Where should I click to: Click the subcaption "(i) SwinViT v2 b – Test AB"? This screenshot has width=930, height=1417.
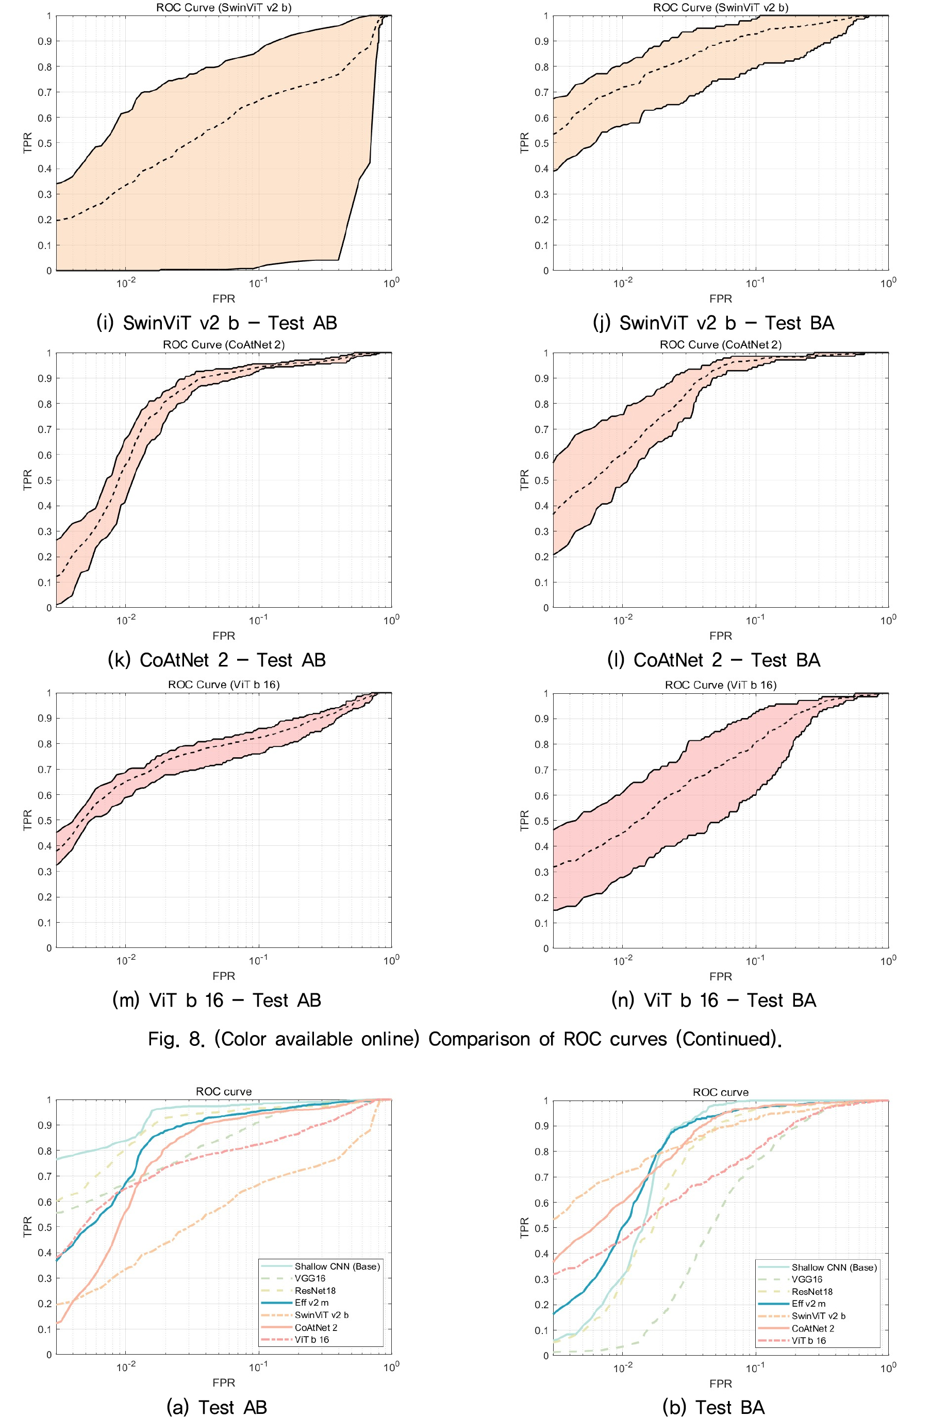pyautogui.click(x=217, y=323)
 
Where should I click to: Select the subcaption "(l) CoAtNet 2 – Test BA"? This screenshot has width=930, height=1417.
pyautogui.click(x=713, y=660)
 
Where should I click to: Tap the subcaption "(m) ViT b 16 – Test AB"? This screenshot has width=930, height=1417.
pyautogui.click(x=217, y=999)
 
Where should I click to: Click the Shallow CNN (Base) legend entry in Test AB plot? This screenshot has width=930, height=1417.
pyautogui.click(x=337, y=1266)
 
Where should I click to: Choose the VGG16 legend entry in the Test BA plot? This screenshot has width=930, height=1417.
pyautogui.click(x=807, y=1279)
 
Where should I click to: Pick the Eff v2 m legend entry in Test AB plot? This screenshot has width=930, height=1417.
pyautogui.click(x=311, y=1303)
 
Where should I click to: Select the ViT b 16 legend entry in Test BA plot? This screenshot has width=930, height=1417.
pyautogui.click(x=808, y=1341)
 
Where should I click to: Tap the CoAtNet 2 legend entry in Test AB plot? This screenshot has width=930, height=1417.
pyautogui.click(x=315, y=1328)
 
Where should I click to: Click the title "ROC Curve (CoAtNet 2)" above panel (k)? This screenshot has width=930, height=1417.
pyautogui.click(x=224, y=345)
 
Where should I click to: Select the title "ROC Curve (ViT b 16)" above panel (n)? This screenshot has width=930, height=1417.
pyautogui.click(x=720, y=685)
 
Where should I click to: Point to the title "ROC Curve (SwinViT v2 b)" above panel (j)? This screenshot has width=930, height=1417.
pyautogui.click(x=720, y=8)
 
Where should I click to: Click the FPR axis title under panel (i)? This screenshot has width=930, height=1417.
pyautogui.click(x=224, y=299)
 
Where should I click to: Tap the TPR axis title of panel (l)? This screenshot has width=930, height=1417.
pyautogui.click(x=524, y=480)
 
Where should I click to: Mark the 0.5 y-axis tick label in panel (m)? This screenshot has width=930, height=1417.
pyautogui.click(x=45, y=821)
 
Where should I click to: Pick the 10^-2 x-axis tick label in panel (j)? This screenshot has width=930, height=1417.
pyautogui.click(x=623, y=284)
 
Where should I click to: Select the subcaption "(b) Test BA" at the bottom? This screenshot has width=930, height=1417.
pyautogui.click(x=713, y=1408)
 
